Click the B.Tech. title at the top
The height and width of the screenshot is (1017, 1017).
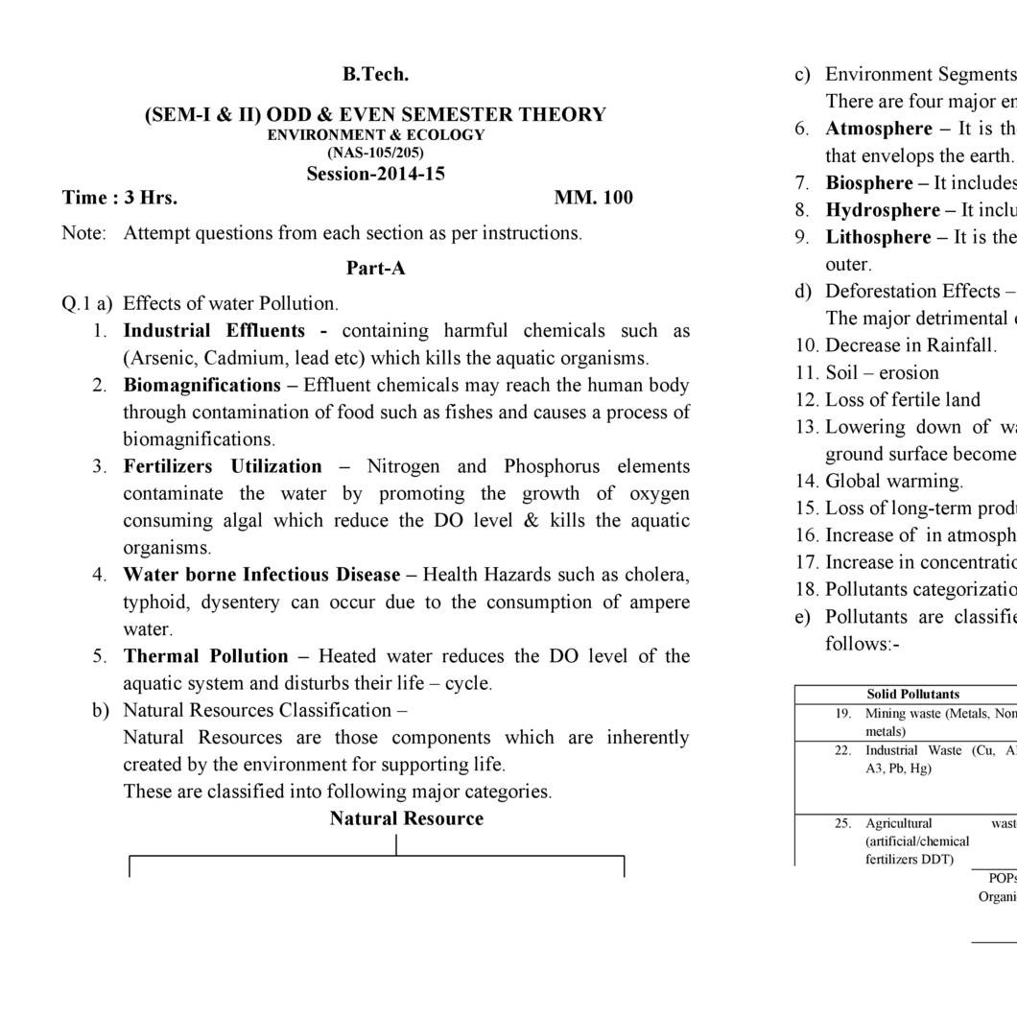375,74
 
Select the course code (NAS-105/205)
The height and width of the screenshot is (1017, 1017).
375,152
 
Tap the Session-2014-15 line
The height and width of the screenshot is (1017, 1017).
375,174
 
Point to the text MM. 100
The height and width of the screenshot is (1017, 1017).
593,198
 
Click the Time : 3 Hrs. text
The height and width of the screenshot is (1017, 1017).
120,198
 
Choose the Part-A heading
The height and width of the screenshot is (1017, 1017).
375,268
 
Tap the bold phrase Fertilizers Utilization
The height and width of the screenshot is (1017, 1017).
223,466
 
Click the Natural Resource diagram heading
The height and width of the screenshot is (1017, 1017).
406,818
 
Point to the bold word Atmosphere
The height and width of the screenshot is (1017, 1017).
879,129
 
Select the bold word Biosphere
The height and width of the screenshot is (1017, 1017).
869,182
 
